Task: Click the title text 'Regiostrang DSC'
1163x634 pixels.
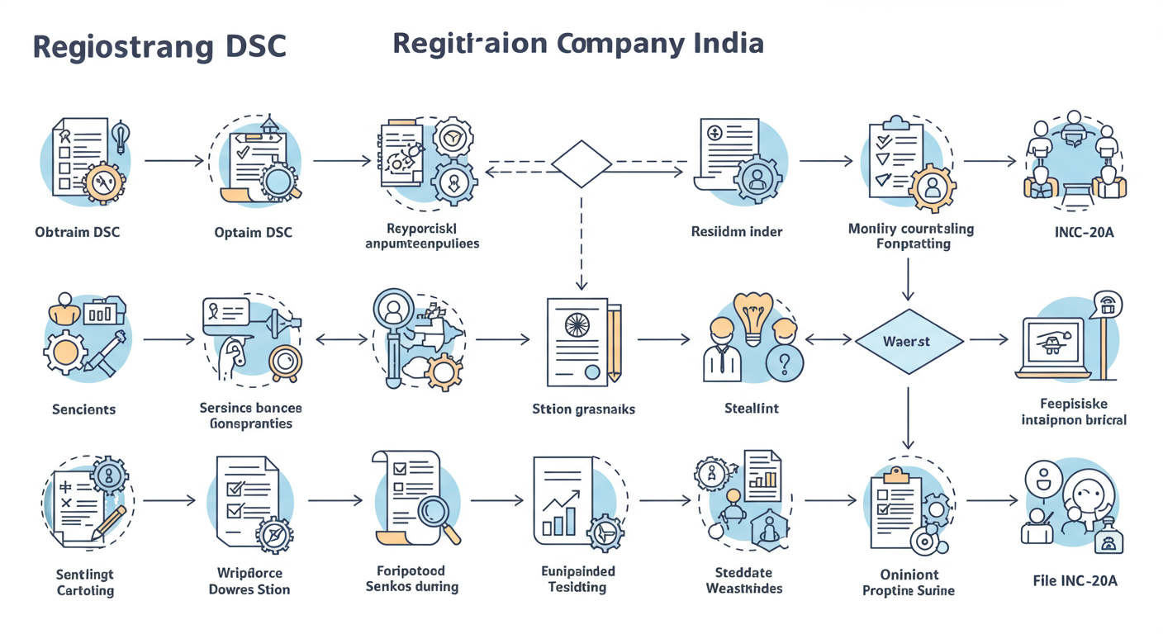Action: (159, 47)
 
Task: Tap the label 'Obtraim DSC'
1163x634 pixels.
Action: (77, 232)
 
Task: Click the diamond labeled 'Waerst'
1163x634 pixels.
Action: (908, 341)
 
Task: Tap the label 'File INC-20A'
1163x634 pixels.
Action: (1075, 580)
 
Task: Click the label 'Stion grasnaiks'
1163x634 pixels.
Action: (583, 409)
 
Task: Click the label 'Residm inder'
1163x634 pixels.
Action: (736, 232)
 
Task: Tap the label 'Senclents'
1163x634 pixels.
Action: (83, 409)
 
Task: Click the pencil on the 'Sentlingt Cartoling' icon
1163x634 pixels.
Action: (108, 523)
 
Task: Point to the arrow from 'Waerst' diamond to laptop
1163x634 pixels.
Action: (989, 339)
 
